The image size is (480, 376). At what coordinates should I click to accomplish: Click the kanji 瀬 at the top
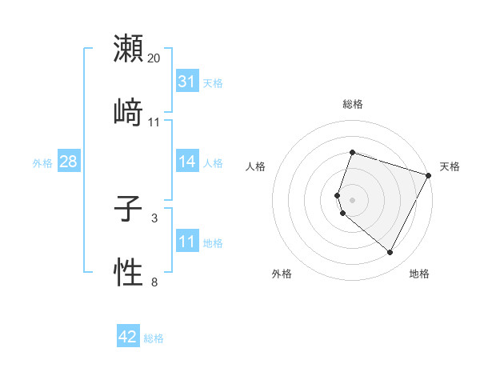point(128,49)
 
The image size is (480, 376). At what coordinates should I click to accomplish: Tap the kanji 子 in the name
point(128,211)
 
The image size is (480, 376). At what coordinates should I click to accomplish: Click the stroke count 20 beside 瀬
point(154,58)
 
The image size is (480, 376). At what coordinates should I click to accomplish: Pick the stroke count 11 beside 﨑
point(154,122)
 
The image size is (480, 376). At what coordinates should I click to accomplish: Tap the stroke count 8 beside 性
point(154,282)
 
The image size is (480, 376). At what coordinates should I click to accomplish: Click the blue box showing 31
point(186,82)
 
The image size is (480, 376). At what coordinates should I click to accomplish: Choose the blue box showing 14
point(186,162)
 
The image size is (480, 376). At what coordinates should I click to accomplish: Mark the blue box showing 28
point(69,162)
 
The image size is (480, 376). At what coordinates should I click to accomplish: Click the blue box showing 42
point(128,338)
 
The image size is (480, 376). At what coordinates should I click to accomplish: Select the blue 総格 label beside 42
point(154,338)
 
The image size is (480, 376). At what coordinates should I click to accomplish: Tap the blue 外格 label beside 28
point(42,162)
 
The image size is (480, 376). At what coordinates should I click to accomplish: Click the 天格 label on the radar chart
point(450,166)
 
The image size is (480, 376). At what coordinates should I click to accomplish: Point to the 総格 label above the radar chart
point(352,104)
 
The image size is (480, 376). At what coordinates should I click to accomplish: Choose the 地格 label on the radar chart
point(419,274)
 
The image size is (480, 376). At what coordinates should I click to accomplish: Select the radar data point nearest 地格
point(390,252)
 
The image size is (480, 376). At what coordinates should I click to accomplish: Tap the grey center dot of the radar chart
point(352,199)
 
